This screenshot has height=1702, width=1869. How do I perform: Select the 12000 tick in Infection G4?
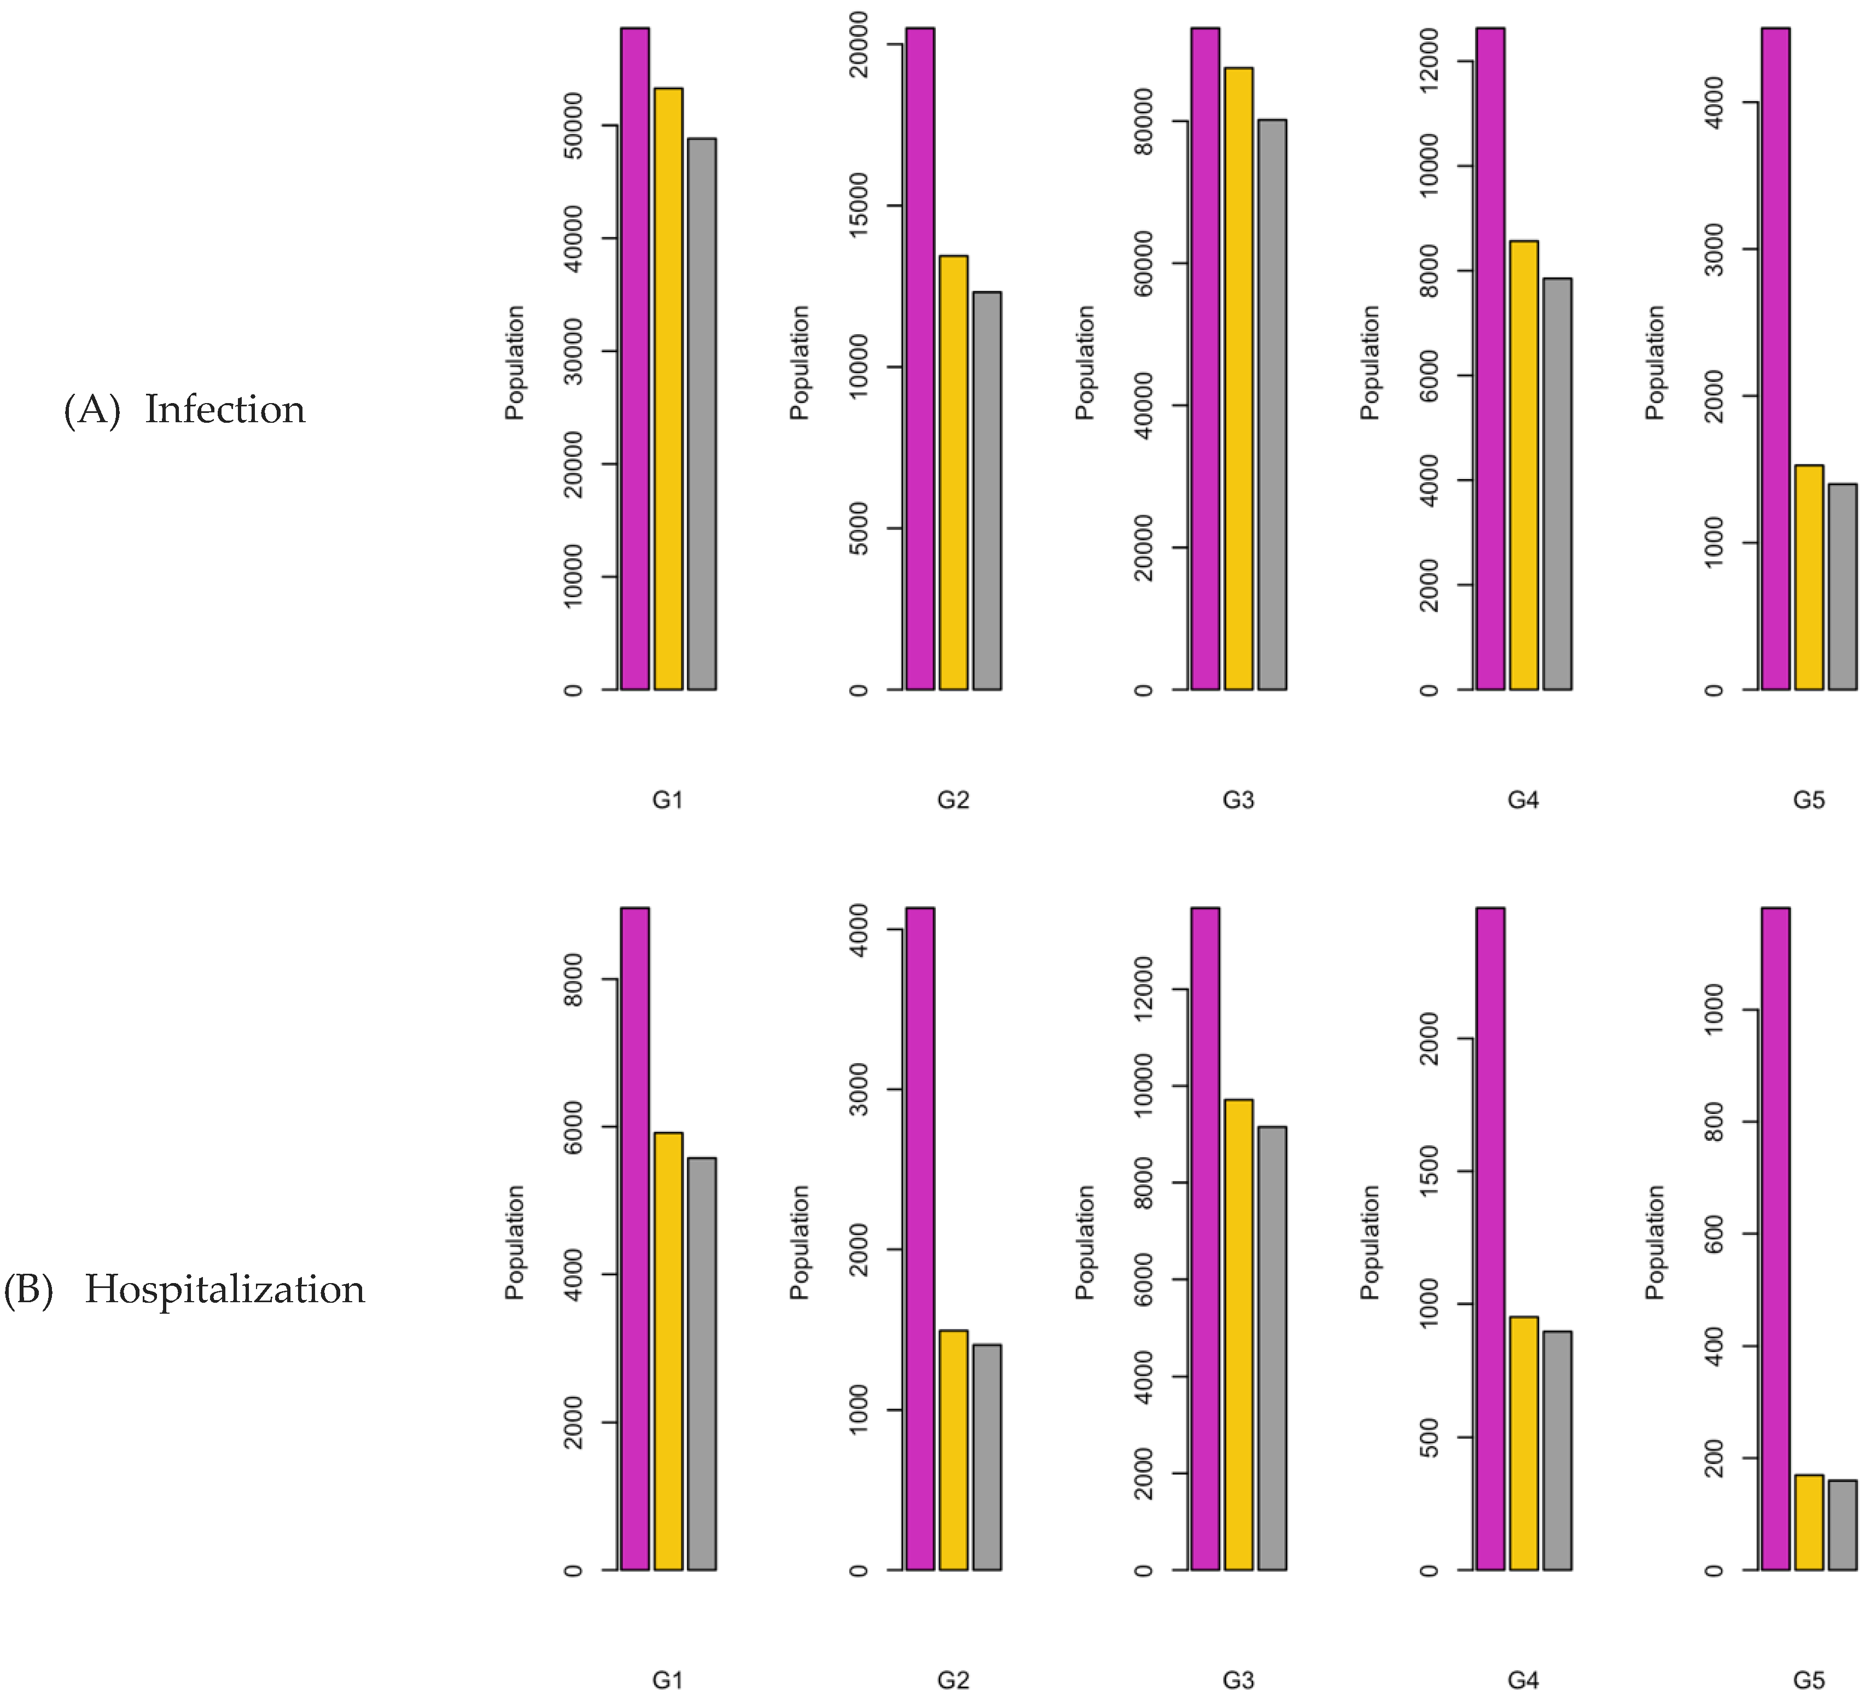pyautogui.click(x=1430, y=61)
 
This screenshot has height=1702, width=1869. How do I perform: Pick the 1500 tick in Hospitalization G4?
pyautogui.click(x=1430, y=1171)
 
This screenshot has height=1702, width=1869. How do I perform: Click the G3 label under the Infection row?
pyautogui.click(x=1238, y=799)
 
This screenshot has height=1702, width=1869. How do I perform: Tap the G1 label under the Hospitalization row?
pyautogui.click(x=667, y=1680)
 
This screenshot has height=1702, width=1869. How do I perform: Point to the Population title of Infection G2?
pyautogui.click(x=799, y=363)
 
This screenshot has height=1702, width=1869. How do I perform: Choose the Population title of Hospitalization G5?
pyautogui.click(x=1655, y=1242)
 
